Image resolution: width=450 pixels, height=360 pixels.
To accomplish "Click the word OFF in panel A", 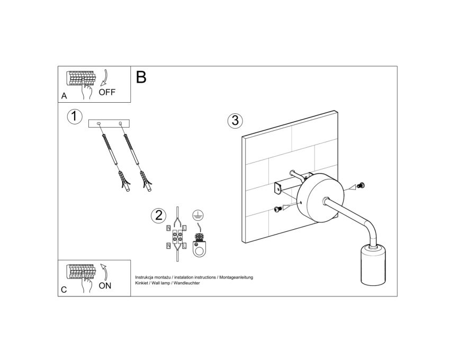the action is click(x=107, y=92).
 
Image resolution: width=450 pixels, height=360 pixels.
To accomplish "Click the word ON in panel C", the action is click(x=105, y=286).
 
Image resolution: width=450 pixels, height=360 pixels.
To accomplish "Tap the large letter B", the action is click(x=141, y=77).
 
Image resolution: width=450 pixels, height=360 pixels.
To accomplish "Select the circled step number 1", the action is click(x=75, y=117).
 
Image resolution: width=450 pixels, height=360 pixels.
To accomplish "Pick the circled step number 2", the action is click(x=158, y=215).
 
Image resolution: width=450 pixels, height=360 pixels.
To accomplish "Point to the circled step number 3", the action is click(x=235, y=121).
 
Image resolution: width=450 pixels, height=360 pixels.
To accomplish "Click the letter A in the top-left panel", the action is click(x=64, y=96).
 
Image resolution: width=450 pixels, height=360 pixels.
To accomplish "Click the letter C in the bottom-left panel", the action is click(x=64, y=290).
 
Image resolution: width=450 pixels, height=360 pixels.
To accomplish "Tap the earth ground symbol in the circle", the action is click(x=198, y=215).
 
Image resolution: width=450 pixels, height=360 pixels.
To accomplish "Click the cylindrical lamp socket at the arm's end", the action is click(x=373, y=264).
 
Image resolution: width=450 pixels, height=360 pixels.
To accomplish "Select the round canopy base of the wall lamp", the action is click(x=320, y=197).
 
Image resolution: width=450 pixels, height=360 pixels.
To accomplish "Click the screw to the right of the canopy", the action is click(x=361, y=186).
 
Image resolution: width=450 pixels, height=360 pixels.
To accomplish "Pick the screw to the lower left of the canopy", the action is click(x=277, y=209).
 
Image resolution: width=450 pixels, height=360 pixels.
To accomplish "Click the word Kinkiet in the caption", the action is click(x=141, y=283).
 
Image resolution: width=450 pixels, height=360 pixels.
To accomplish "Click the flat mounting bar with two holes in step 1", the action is click(x=109, y=124).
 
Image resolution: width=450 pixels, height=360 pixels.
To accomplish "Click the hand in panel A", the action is click(x=86, y=90).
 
